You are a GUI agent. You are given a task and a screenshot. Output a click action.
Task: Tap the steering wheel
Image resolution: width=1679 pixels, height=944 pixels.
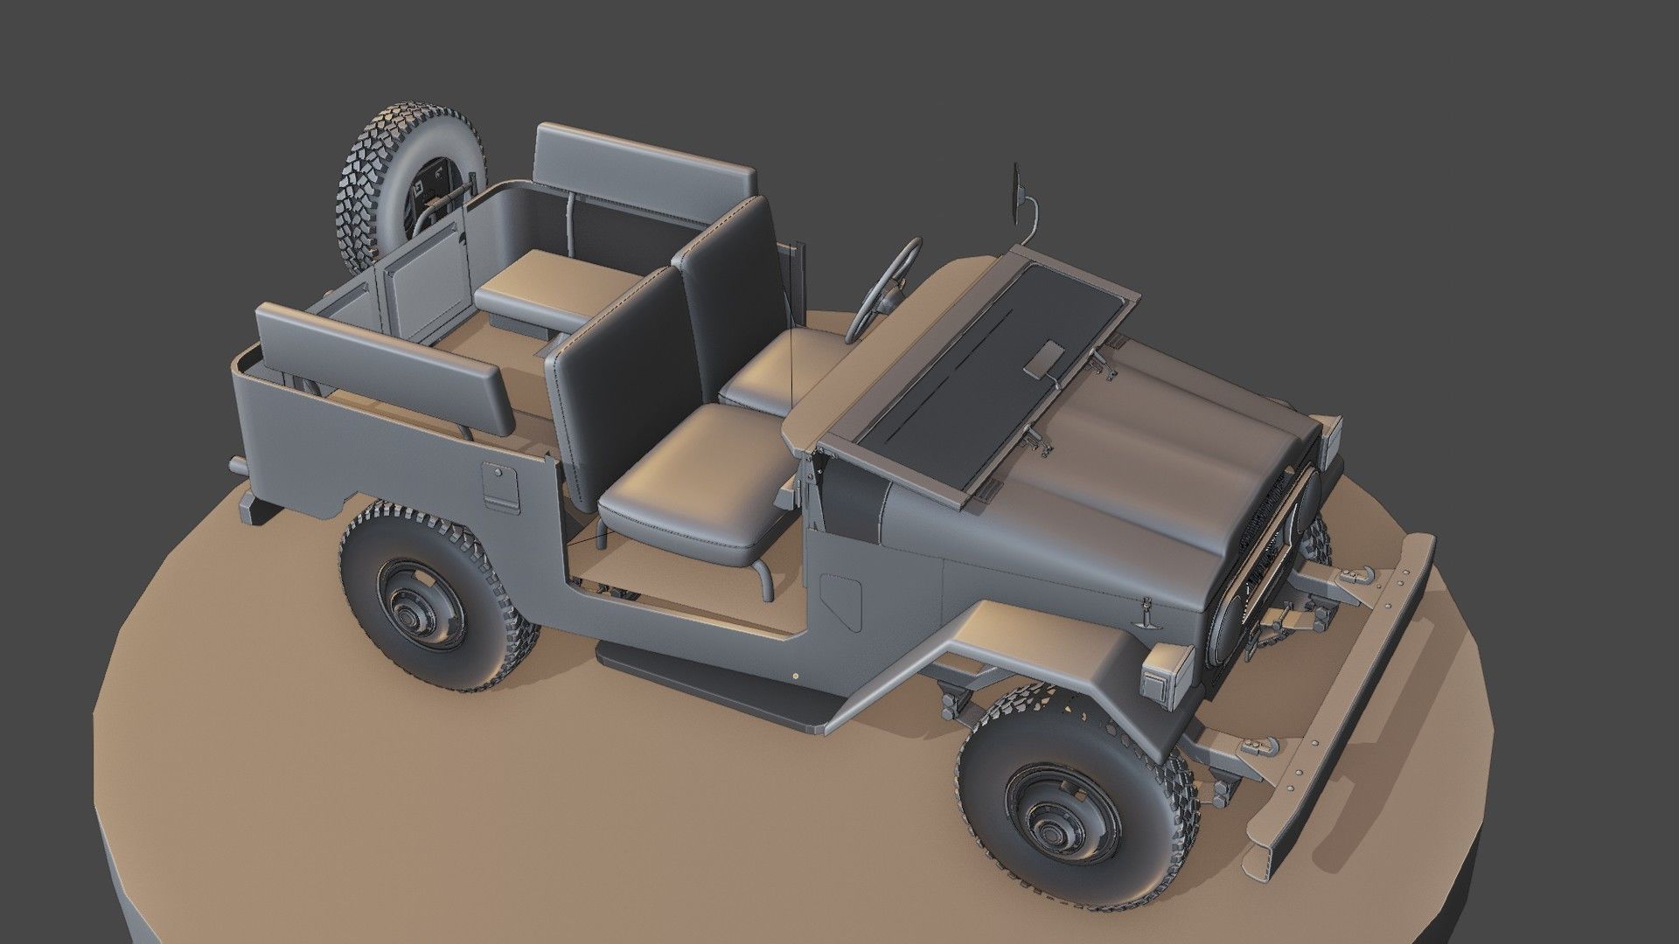[x=883, y=288]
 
